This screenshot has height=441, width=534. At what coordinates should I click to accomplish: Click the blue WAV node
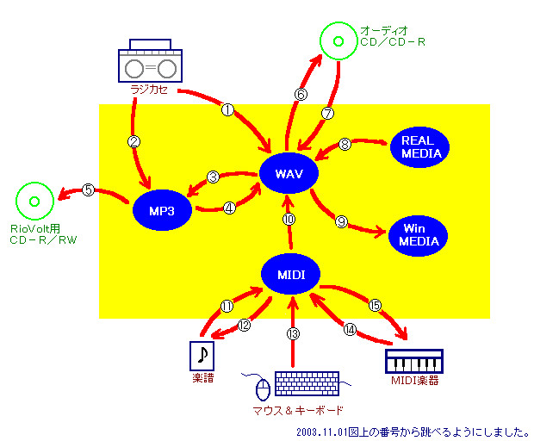pyautogui.click(x=288, y=174)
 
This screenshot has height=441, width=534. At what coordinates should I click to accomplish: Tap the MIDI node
pyautogui.click(x=290, y=274)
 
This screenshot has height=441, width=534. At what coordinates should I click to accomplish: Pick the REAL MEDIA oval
pyautogui.click(x=419, y=147)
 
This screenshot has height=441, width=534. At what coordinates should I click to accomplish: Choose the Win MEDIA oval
pyautogui.click(x=418, y=235)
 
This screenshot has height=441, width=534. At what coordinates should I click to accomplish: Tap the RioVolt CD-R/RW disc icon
pyautogui.click(x=34, y=202)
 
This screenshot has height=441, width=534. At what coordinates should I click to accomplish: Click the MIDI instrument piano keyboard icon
pyautogui.click(x=414, y=360)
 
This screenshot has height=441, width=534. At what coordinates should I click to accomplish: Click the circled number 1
pyautogui.click(x=227, y=109)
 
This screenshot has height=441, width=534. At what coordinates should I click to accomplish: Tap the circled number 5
pyautogui.click(x=88, y=190)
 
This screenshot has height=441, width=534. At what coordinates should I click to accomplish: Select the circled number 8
pyautogui.click(x=345, y=144)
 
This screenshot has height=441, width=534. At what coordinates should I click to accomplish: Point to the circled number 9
pyautogui.click(x=341, y=221)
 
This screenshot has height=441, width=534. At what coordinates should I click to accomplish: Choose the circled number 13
pyautogui.click(x=293, y=332)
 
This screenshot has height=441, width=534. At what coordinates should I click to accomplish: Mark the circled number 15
pyautogui.click(x=375, y=305)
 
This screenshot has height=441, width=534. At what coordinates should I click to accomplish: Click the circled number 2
pyautogui.click(x=133, y=141)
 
